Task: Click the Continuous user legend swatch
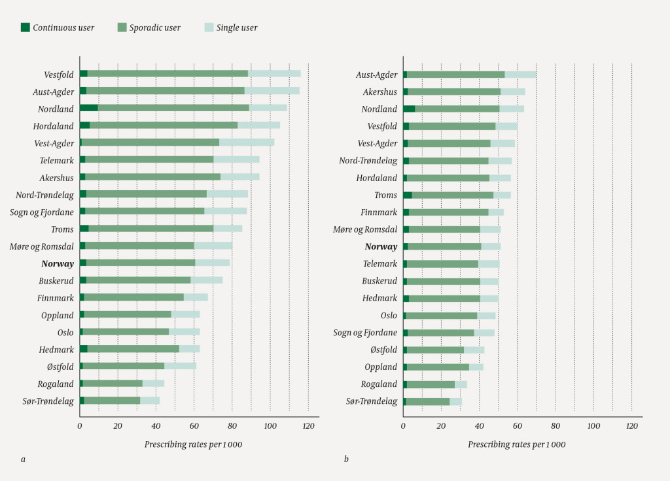[x=26, y=27]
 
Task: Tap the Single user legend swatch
[x=209, y=27]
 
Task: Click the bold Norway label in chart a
[x=58, y=263]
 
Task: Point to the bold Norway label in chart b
[x=381, y=246]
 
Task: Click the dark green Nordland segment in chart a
[x=89, y=108]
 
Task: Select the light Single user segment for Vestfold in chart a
[x=274, y=73]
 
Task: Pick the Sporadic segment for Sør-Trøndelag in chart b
[x=428, y=401]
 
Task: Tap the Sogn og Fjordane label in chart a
[x=42, y=212]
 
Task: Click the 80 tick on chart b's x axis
[x=555, y=426]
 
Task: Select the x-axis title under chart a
[x=193, y=444]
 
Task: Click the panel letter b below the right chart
[x=347, y=459]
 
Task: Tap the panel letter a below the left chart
[x=24, y=459]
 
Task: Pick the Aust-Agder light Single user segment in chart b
[x=520, y=75]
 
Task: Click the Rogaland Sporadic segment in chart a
[x=113, y=383]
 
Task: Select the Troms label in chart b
[x=385, y=195]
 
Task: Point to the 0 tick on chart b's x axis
[x=404, y=426]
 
